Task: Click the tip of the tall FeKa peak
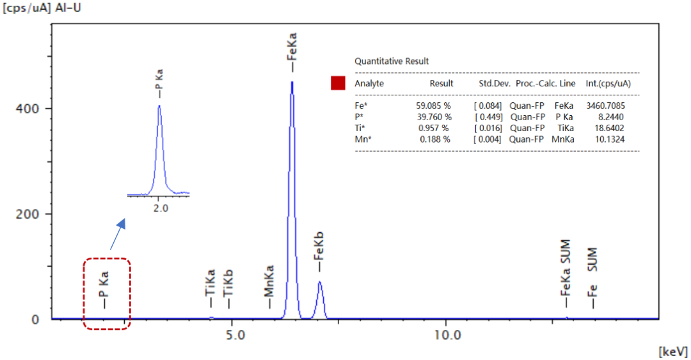[x=292, y=82]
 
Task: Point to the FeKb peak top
[x=319, y=282]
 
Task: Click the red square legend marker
[x=338, y=83]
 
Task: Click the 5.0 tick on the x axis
[x=235, y=334]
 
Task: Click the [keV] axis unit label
[x=672, y=352]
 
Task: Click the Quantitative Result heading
[x=392, y=61]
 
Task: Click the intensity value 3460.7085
[x=606, y=105]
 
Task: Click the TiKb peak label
[x=228, y=283]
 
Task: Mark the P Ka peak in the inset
[x=159, y=107]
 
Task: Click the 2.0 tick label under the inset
[x=160, y=208]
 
